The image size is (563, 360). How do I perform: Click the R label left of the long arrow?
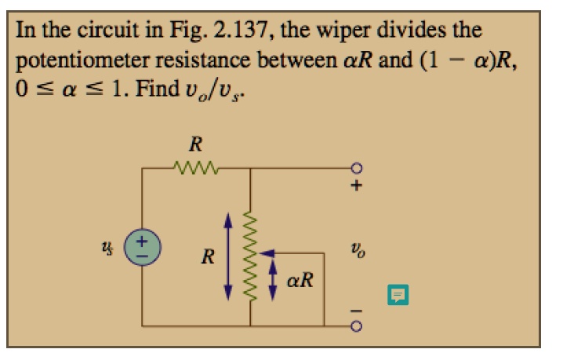(x=208, y=256)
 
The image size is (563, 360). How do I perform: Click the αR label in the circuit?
(x=299, y=279)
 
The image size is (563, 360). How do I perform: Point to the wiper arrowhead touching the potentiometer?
(x=265, y=253)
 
